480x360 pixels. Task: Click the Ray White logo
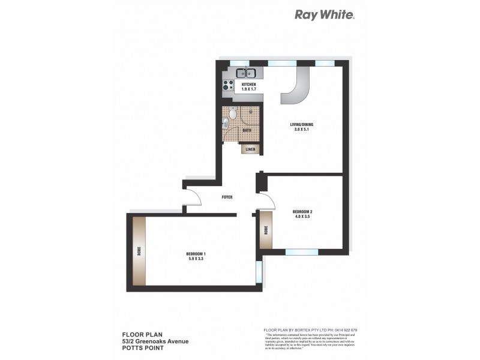(x=325, y=14)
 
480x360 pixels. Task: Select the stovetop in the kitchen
(x=228, y=85)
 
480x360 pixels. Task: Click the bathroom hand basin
(x=224, y=124)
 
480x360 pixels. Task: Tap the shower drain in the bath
(x=252, y=111)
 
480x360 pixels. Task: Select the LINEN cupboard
(x=250, y=149)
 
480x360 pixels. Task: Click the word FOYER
(x=227, y=197)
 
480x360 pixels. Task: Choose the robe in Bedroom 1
(x=139, y=251)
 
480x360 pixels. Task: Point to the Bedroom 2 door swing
(x=264, y=200)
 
